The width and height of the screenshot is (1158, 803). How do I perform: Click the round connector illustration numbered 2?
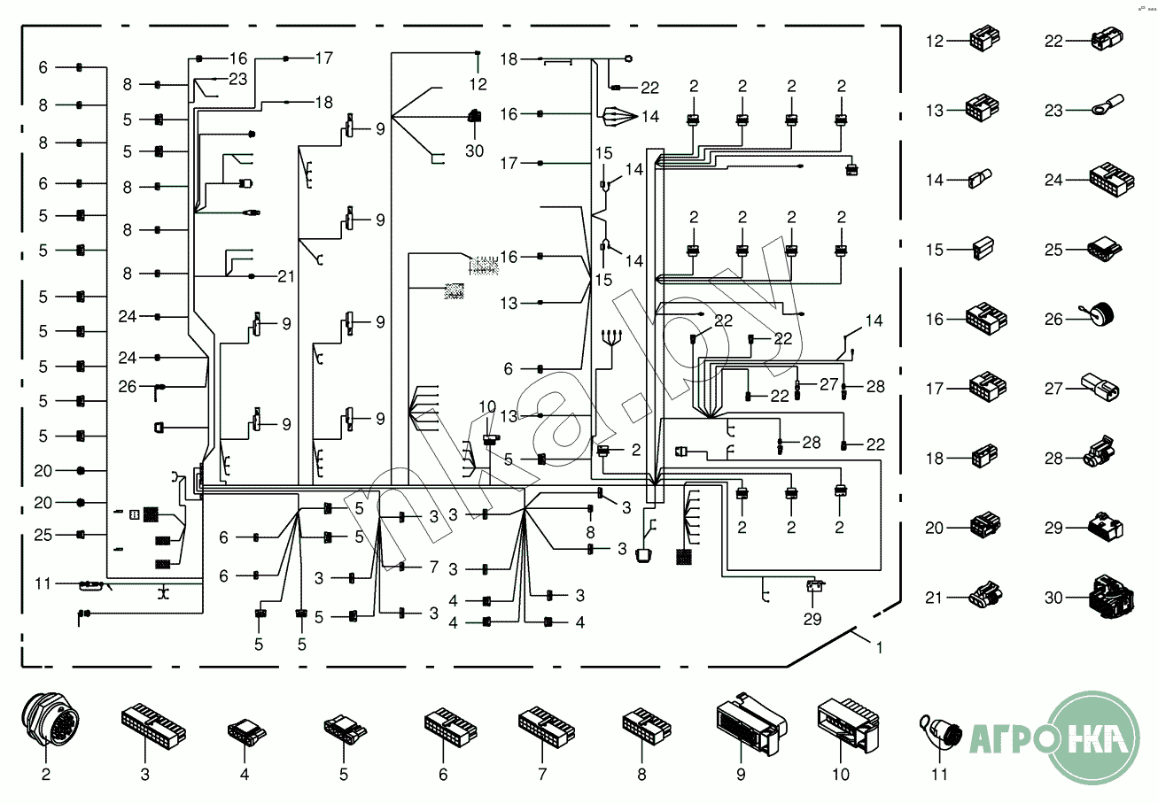[46, 724]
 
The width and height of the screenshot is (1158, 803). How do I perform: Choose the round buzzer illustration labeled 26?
[1101, 314]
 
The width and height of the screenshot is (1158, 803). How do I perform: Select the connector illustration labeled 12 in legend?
[985, 42]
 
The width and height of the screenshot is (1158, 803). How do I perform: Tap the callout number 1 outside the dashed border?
[879, 647]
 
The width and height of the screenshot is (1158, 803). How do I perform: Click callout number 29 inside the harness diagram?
[812, 618]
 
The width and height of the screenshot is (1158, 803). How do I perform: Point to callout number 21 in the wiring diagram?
[285, 276]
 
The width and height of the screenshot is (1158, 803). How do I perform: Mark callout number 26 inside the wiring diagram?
[128, 386]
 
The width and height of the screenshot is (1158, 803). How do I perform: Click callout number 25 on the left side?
[43, 535]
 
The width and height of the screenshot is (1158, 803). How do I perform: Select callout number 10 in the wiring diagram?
[488, 406]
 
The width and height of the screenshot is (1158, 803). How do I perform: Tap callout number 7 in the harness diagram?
[433, 566]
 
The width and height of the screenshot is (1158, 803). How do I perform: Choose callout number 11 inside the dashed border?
[43, 583]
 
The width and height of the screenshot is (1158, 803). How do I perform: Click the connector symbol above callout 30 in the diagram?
[475, 115]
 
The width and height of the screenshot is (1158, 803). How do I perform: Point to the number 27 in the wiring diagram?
[828, 384]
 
